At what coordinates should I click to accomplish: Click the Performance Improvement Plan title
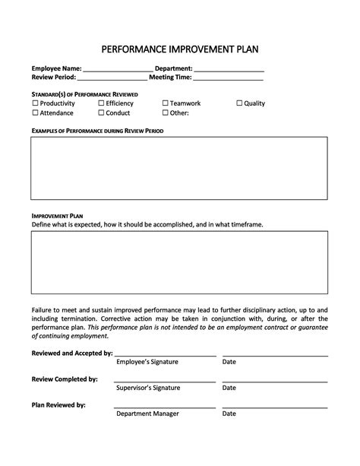pos(180,49)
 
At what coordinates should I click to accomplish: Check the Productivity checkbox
pos(35,103)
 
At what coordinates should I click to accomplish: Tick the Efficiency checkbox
pos(101,103)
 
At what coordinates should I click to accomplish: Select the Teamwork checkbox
pos(165,103)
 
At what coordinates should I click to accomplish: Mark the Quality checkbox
pos(239,103)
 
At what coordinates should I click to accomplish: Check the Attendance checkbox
pos(35,113)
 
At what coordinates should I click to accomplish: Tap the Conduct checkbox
pos(101,113)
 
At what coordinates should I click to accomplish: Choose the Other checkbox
pos(165,113)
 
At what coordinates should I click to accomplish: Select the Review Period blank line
pos(112,78)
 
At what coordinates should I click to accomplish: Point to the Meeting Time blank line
pos(229,78)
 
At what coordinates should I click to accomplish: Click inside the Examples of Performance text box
pos(179,168)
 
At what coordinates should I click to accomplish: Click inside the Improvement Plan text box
pos(179,263)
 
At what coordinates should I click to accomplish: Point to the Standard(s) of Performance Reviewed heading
pos(84,93)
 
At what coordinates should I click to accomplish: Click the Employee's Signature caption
pos(147,362)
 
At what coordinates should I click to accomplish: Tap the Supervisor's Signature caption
pos(148,388)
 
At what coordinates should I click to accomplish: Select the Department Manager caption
pos(147,414)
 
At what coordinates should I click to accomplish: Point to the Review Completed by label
pos(65,379)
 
